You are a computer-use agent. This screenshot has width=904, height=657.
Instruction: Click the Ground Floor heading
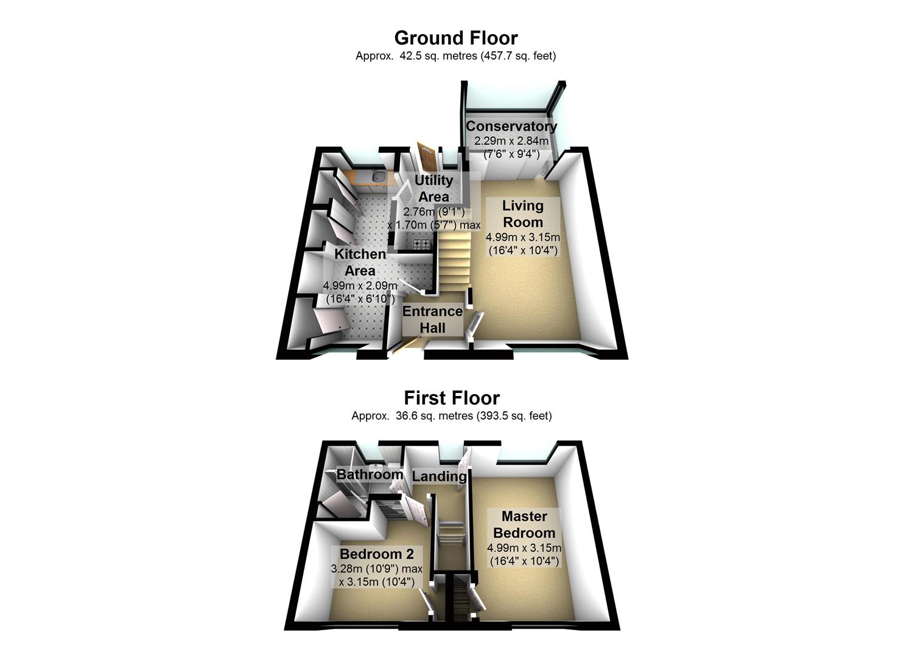tap(455, 38)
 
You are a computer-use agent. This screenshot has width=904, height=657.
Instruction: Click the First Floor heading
tap(452, 398)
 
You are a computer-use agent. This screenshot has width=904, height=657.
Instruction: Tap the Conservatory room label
tap(511, 127)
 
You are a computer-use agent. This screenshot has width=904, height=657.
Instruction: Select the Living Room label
tap(522, 214)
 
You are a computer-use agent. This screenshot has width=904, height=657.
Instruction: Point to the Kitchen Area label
tap(360, 262)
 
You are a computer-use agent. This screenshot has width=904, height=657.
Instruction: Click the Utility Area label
tap(433, 189)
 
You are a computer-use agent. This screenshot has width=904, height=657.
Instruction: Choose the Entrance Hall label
tap(433, 319)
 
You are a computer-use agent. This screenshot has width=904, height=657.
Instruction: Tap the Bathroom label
tap(370, 474)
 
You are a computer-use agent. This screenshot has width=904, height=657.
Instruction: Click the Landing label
tap(439, 476)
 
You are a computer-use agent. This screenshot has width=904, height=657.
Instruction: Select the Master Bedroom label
tap(524, 524)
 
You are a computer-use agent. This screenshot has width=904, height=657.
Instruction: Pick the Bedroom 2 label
tap(377, 554)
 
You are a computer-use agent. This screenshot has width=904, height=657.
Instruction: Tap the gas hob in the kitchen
tap(421, 244)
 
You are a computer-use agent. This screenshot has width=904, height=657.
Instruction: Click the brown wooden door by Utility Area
tap(427, 158)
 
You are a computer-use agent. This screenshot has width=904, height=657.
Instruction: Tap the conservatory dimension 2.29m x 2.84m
tap(511, 141)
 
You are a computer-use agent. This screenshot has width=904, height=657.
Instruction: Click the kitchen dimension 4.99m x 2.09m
tap(360, 286)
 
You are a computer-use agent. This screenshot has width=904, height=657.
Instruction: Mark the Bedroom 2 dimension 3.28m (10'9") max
tap(377, 569)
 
